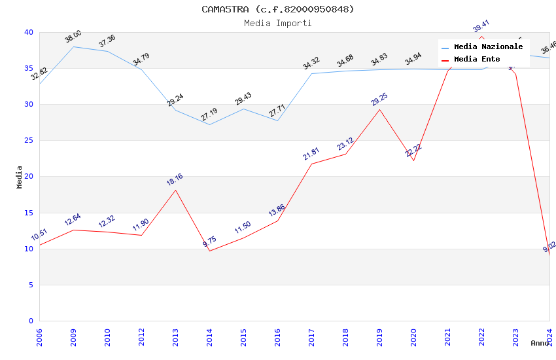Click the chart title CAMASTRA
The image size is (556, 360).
(x=277, y=9)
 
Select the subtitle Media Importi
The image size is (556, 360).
(x=277, y=23)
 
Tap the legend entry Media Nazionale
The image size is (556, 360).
(x=488, y=47)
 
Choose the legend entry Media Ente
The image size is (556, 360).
(x=477, y=60)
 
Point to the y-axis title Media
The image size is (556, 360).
(x=20, y=177)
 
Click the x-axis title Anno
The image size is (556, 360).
(x=540, y=343)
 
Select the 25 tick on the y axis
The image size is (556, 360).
(x=29, y=141)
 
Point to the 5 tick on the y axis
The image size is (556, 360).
(x=31, y=285)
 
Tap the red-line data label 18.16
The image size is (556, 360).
(x=175, y=180)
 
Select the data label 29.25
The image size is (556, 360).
(x=379, y=99)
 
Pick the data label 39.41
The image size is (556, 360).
(x=481, y=27)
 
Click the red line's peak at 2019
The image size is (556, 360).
(x=379, y=109)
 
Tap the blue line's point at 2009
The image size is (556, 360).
(x=73, y=46)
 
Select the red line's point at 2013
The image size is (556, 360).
(x=175, y=190)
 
